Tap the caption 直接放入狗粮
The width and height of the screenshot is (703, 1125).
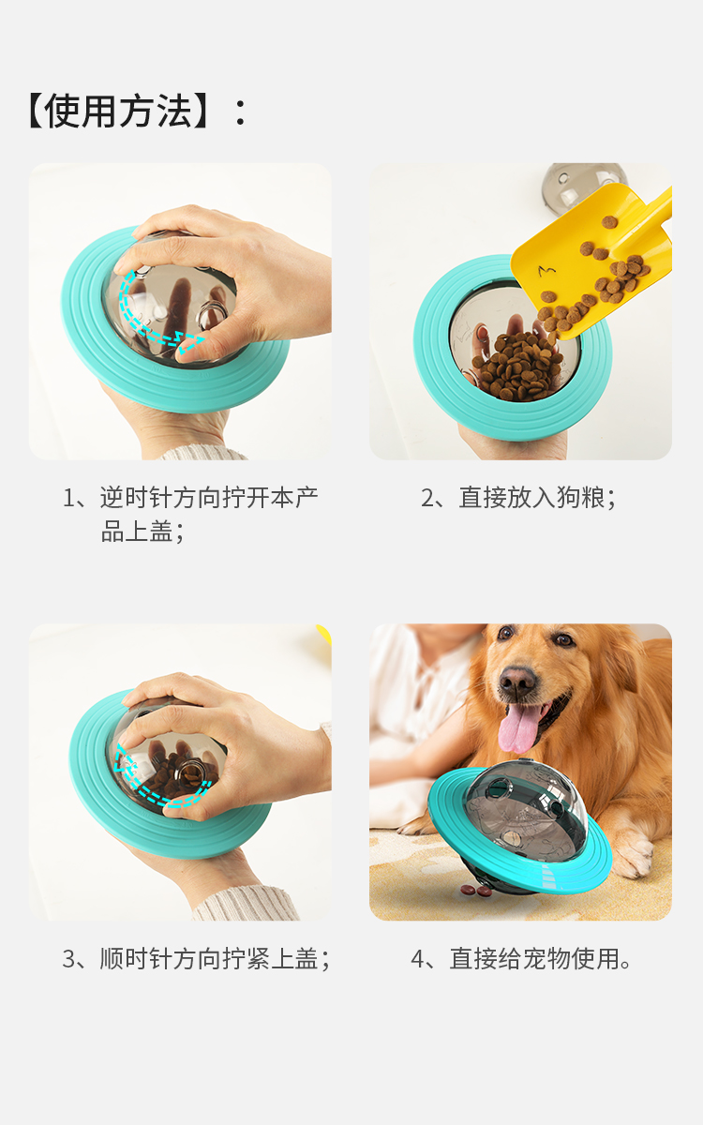click(x=518, y=498)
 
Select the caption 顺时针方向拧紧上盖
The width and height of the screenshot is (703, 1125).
click(x=196, y=959)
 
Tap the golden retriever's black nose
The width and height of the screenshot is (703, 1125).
click(x=517, y=682)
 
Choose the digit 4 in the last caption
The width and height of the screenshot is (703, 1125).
click(x=418, y=959)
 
